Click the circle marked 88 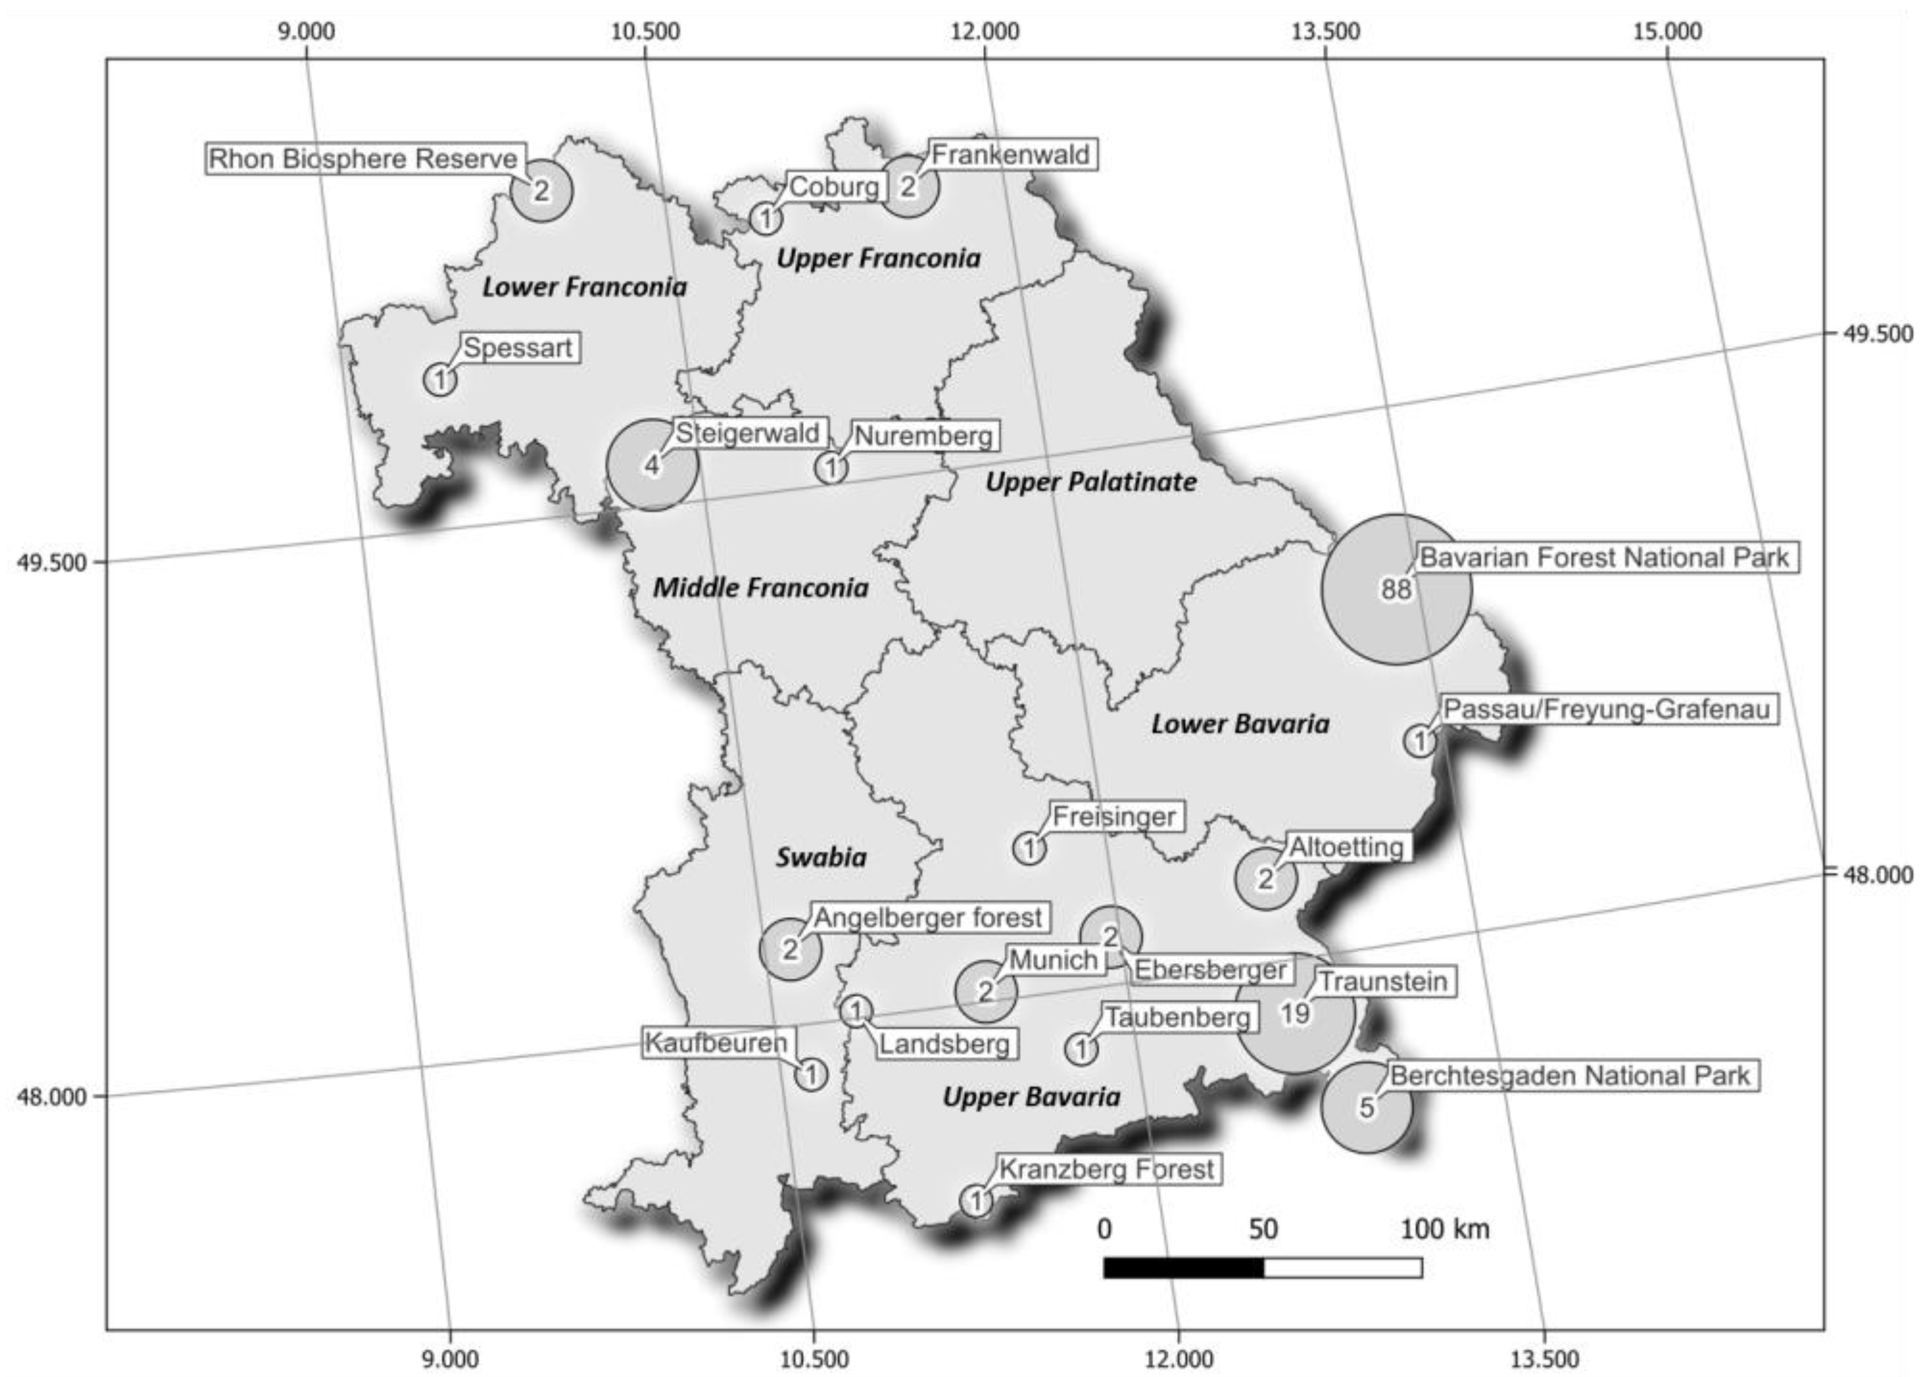tap(1396, 588)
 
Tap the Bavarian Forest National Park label tap(1603, 557)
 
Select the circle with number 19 tap(1295, 1013)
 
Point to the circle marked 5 tap(1366, 1107)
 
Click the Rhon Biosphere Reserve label tap(364, 159)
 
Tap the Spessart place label tap(518, 347)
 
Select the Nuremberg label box tap(923, 436)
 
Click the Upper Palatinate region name tap(1091, 482)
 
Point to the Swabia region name tap(821, 857)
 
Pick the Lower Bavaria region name tap(1240, 724)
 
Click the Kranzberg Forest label tap(1106, 1170)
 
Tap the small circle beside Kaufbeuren tap(811, 1074)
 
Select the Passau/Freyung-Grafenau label tap(1606, 708)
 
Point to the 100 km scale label tap(1444, 1228)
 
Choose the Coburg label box tap(834, 186)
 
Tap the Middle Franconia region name tap(760, 587)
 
